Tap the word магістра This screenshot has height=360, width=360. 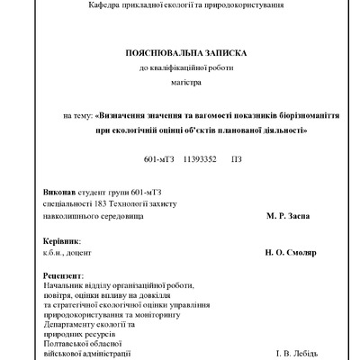[x=183, y=82]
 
